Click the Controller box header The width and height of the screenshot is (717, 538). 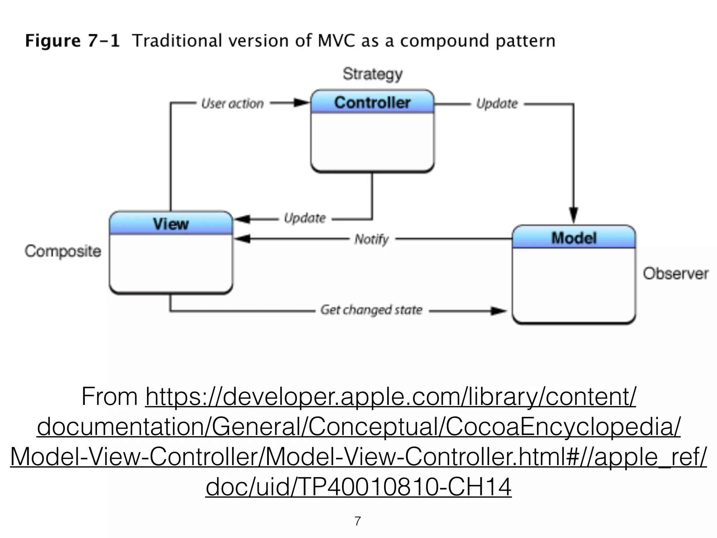372,102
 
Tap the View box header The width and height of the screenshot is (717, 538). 171,223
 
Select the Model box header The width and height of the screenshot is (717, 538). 574,238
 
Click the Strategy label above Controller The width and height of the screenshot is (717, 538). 373,74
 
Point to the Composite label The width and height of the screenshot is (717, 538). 63,251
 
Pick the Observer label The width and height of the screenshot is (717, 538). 675,274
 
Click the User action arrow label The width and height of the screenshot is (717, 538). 232,104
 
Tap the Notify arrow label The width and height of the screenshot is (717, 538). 371,239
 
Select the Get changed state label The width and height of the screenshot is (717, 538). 371,310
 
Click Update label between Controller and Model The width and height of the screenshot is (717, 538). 497,104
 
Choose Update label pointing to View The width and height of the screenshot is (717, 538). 305,218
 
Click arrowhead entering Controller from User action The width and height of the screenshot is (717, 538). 302,103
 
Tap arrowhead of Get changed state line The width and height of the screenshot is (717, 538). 499,311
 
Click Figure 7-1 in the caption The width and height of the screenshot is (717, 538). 72,41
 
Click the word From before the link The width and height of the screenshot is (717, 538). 110,397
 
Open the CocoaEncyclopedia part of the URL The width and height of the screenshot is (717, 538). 563,427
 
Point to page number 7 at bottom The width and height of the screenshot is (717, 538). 357,521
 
